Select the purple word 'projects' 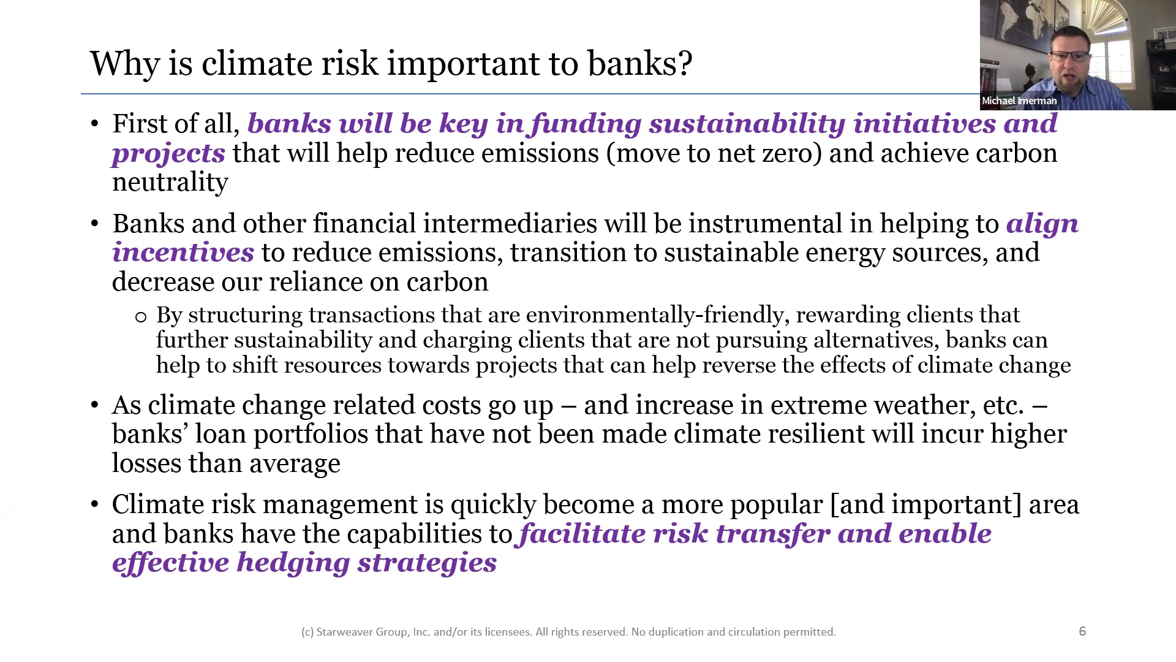tap(168, 154)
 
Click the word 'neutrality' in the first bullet tap(170, 182)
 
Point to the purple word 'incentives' tap(183, 253)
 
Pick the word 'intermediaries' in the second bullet tap(510, 223)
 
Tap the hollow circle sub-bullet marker tap(141, 317)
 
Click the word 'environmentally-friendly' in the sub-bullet tap(655, 315)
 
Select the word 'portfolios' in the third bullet tap(311, 434)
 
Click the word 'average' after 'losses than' tap(295, 464)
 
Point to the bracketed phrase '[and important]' tap(925, 505)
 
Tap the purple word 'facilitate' tap(582, 534)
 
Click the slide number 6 tap(1082, 631)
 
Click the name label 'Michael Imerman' tap(1019, 101)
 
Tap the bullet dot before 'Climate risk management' tap(94, 505)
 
